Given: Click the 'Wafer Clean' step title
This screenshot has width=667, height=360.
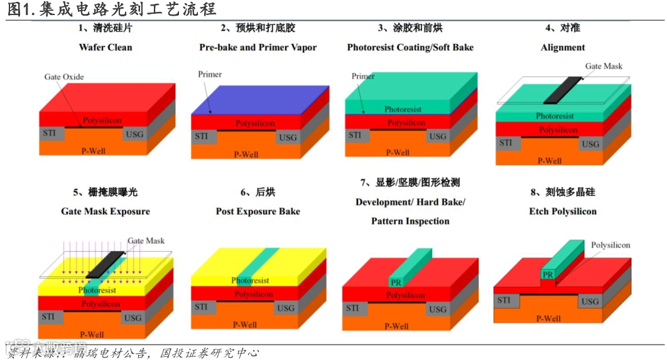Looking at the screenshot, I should [106, 47].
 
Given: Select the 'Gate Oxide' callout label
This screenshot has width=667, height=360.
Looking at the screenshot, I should [63, 77].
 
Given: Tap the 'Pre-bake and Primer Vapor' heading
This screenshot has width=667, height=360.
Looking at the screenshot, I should [258, 47].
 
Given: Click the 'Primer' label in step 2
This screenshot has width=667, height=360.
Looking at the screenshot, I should [210, 74].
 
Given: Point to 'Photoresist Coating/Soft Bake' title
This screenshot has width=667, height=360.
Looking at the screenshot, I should [410, 47].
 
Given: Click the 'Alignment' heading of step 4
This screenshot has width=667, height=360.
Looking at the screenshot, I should [563, 47].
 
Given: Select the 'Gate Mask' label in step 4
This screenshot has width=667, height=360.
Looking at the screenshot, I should [604, 66].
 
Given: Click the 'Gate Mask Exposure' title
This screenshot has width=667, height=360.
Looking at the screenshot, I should [106, 211].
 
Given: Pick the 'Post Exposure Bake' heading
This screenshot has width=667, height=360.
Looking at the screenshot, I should [258, 211].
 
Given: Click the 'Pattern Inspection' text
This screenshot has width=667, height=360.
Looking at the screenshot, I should [410, 221].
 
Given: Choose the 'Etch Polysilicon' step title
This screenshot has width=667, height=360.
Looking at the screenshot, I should [563, 211].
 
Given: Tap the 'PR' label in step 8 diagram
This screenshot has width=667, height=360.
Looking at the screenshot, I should [548, 275].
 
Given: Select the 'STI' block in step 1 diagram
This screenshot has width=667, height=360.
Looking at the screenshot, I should [50, 133].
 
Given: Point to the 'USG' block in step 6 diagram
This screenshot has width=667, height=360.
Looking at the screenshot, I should [286, 308].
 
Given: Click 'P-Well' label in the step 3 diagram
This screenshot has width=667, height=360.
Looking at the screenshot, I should [398, 153].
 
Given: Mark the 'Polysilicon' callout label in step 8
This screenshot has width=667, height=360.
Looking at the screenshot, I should [610, 245].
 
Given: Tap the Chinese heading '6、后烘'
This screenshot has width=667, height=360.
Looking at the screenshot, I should [258, 192].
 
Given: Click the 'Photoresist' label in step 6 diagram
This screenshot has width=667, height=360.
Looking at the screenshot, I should [250, 280].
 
